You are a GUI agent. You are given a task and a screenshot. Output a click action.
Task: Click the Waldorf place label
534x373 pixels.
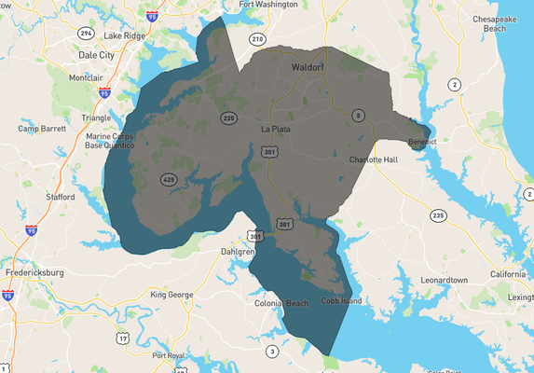click(x=306, y=68)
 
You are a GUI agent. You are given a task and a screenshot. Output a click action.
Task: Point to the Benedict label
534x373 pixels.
click(x=422, y=142)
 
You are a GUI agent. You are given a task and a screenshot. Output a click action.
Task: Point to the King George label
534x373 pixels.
click(x=171, y=295)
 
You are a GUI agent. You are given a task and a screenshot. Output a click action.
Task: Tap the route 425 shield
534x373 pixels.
click(x=169, y=179)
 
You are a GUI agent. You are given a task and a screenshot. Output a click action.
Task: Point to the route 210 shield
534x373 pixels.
click(x=257, y=39)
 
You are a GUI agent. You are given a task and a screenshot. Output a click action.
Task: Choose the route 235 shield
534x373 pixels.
click(x=437, y=215)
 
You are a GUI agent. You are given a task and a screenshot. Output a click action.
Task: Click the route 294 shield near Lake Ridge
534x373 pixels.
click(x=86, y=33)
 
